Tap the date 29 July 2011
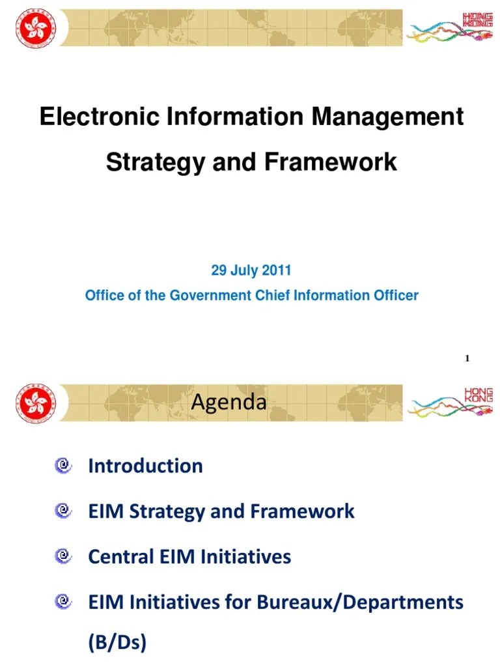pyautogui.click(x=251, y=270)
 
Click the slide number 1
pyautogui.click(x=467, y=358)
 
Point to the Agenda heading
pyautogui.click(x=229, y=403)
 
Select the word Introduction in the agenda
pyautogui.click(x=145, y=466)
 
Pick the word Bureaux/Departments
pyautogui.click(x=360, y=602)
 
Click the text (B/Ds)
pyautogui.click(x=117, y=643)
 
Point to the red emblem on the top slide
pyautogui.click(x=36, y=28)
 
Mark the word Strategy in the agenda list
pyautogui.click(x=167, y=511)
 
